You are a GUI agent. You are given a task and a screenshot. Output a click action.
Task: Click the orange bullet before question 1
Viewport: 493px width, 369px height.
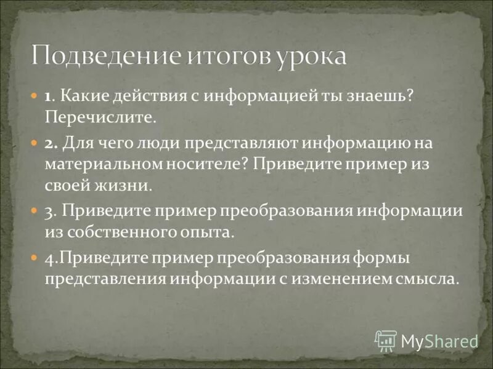[x=34, y=97]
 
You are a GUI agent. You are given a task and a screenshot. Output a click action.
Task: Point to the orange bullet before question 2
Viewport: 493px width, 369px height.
[x=34, y=142]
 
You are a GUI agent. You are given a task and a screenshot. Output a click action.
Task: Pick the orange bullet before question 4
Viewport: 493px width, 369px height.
[x=34, y=255]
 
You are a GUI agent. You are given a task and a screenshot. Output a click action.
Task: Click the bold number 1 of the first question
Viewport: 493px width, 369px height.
[x=47, y=97]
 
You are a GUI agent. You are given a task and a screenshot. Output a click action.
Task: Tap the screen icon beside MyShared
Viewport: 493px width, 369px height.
[x=386, y=340]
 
